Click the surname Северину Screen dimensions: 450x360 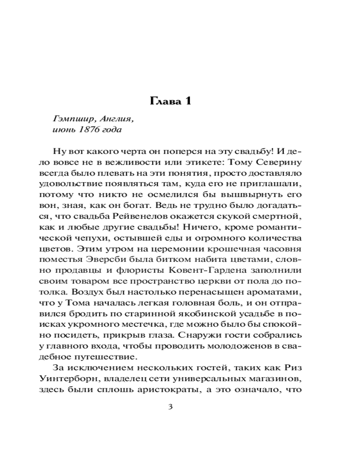point(279,162)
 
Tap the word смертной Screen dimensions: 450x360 point(279,216)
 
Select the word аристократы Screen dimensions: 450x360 point(169,389)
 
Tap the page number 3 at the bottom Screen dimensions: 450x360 point(170,408)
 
